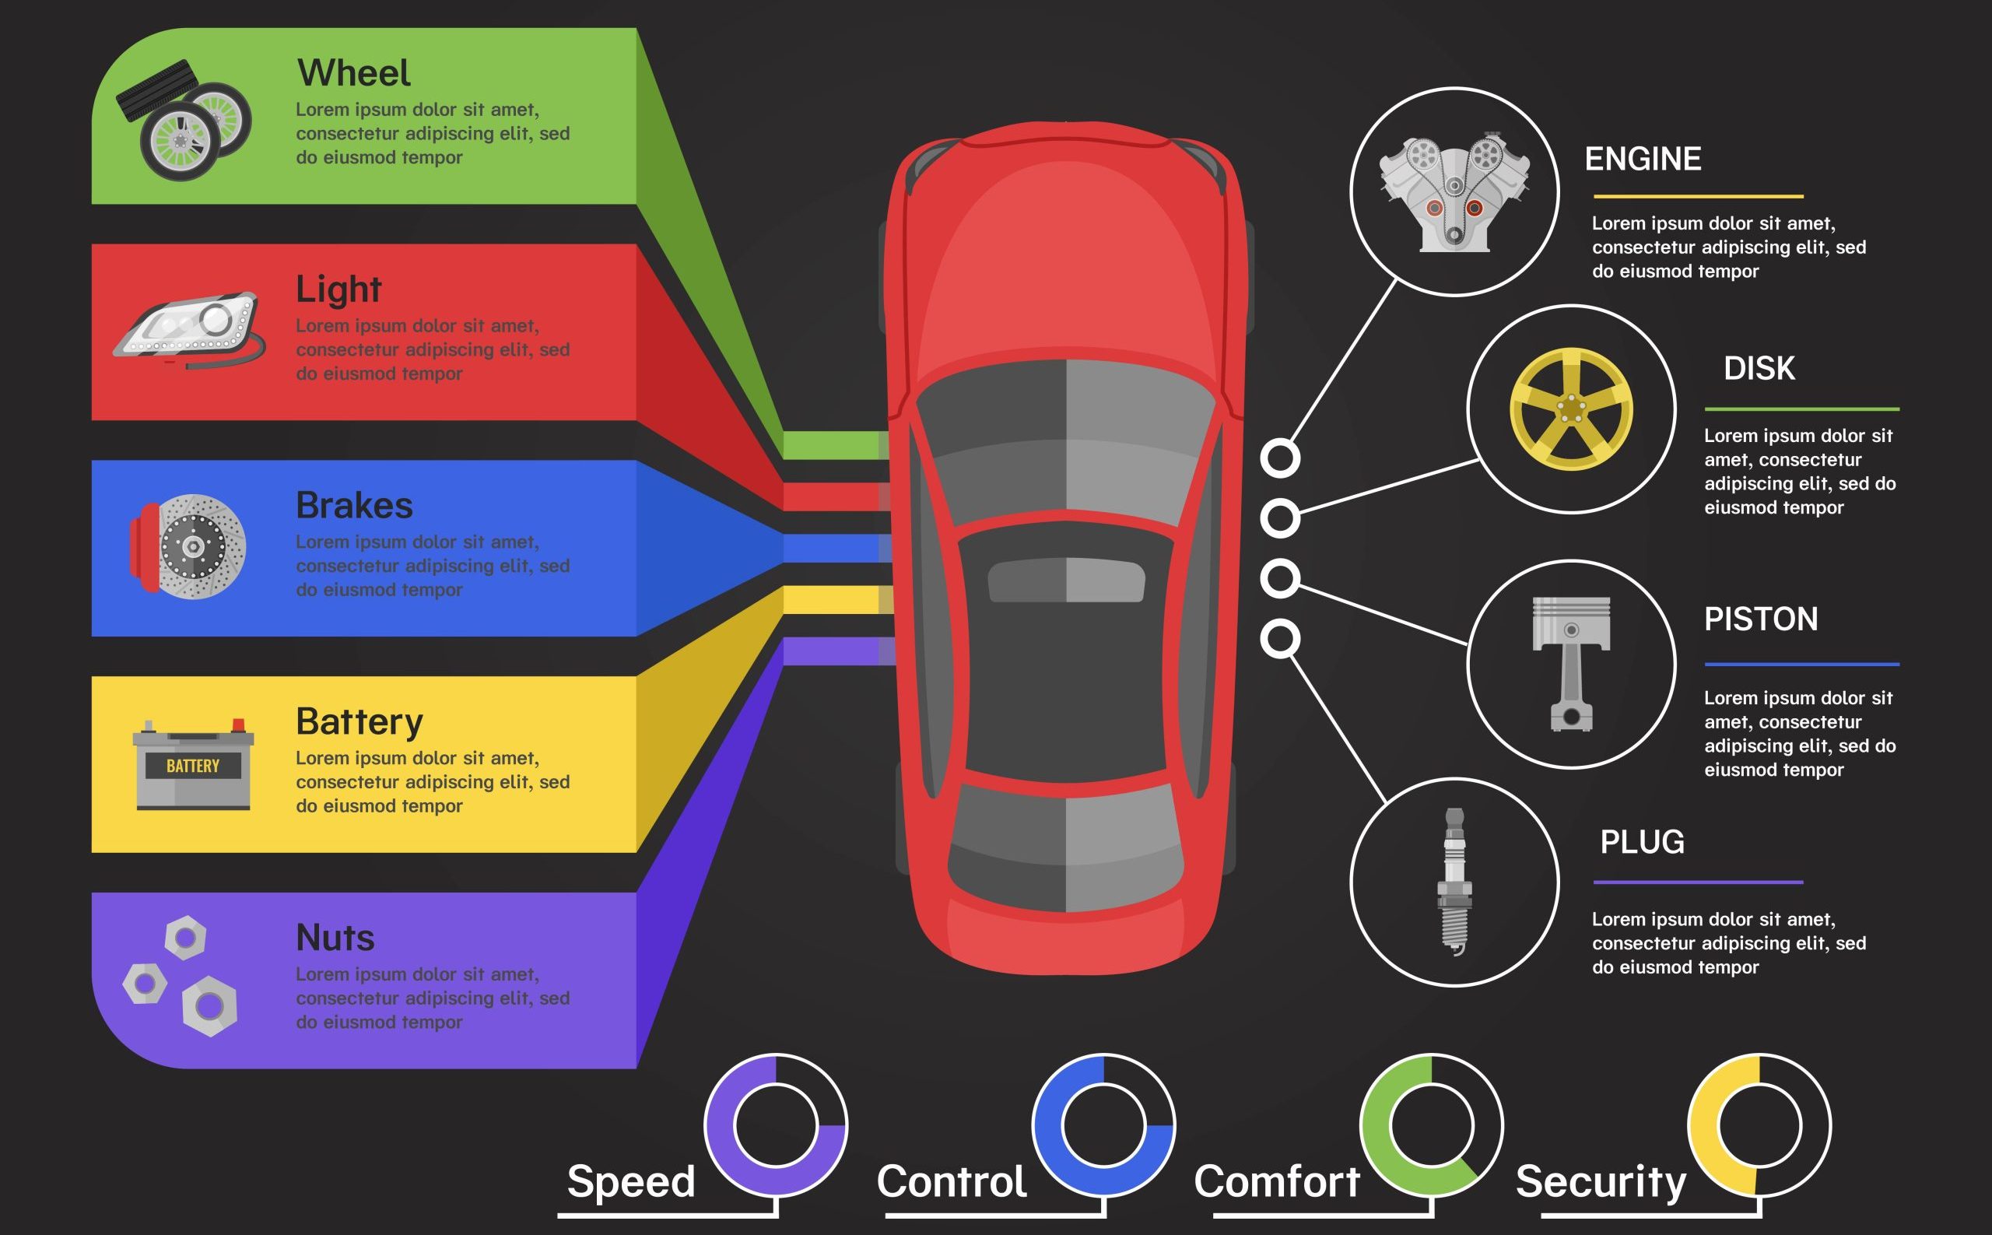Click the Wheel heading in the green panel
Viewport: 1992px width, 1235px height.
(x=352, y=73)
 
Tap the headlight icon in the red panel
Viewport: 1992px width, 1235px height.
(x=188, y=330)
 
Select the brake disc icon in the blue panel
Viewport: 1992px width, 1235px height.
(x=190, y=546)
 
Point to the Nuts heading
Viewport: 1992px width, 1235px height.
(x=335, y=938)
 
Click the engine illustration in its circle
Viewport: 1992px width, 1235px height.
(x=1454, y=193)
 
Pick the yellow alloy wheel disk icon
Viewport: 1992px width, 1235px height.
(x=1570, y=409)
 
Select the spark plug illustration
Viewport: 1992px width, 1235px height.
(x=1454, y=880)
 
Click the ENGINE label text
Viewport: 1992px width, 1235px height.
(x=1643, y=160)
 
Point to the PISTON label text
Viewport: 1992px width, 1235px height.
(x=1760, y=619)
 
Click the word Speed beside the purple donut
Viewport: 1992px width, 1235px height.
(x=630, y=1181)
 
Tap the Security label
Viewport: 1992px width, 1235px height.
(x=1600, y=1181)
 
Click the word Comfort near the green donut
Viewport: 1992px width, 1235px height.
(x=1277, y=1181)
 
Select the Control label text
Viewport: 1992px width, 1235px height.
(x=951, y=1181)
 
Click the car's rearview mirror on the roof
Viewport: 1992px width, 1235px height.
(x=1066, y=581)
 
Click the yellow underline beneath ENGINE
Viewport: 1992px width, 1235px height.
(x=1697, y=196)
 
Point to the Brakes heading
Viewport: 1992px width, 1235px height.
(x=353, y=506)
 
